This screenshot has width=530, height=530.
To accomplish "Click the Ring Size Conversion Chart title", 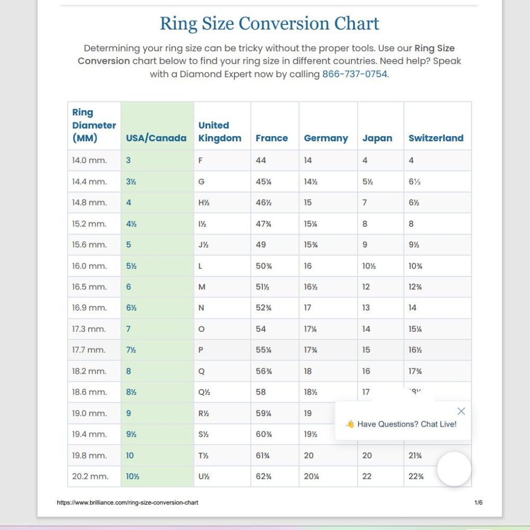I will [269, 24].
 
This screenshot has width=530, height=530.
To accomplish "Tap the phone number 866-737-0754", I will [355, 74].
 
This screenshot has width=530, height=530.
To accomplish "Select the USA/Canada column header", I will [156, 138].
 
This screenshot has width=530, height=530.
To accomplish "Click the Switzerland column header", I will [436, 138].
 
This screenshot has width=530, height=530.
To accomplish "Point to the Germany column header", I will [326, 138].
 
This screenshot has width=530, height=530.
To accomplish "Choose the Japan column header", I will [377, 138].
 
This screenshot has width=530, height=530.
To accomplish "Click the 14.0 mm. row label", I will [90, 160].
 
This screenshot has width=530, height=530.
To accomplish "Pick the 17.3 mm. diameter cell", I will [89, 329].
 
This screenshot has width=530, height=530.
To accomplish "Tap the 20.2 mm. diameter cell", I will [90, 476].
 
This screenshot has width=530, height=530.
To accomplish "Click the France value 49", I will [261, 245].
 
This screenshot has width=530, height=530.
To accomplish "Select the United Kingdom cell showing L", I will [200, 266].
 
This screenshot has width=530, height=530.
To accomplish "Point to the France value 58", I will [261, 392].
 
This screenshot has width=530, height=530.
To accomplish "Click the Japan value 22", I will [367, 476].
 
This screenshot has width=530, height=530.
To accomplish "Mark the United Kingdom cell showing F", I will [200, 160].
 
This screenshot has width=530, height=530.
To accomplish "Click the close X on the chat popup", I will [461, 411].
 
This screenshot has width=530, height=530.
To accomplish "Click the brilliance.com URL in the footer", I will [128, 502].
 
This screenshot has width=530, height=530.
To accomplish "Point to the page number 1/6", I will [478, 502].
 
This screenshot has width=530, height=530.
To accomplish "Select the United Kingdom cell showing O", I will [201, 329].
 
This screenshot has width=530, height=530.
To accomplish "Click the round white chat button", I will [454, 469].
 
